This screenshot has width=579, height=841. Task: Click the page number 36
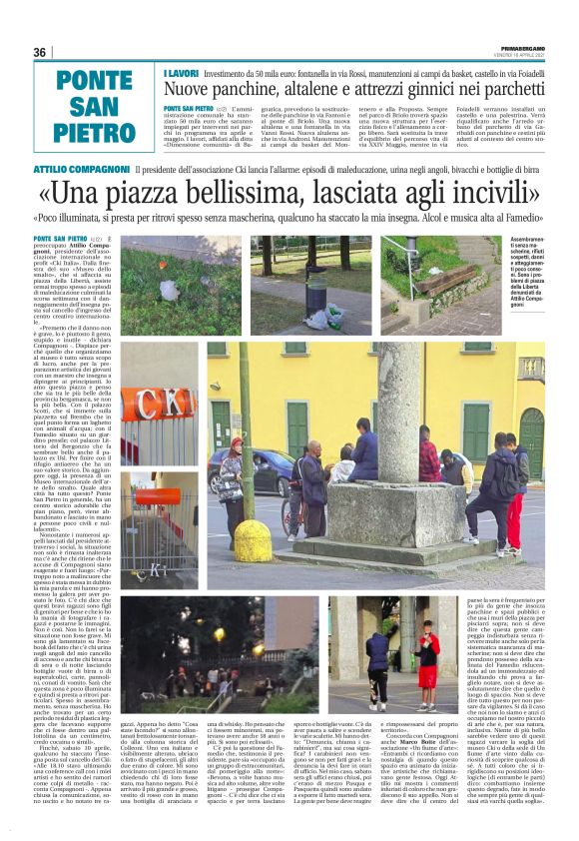pos(40,52)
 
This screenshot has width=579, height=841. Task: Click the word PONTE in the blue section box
pos(95,81)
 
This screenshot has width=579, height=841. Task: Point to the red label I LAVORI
pos(179,73)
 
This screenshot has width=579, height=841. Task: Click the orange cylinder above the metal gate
pos(159,495)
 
